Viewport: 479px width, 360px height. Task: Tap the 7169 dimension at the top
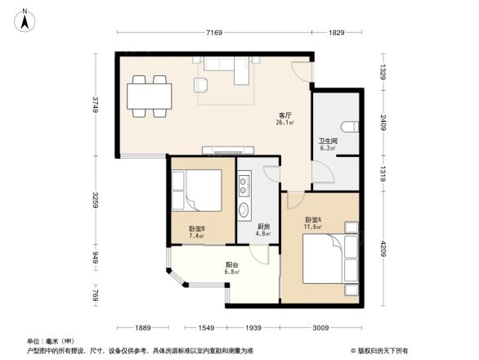point(214,33)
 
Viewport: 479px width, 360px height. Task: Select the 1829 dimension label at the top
point(336,33)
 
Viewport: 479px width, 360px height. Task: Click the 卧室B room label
point(196,232)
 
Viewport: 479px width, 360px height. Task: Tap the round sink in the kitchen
point(244,211)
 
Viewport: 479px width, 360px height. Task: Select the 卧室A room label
point(313,220)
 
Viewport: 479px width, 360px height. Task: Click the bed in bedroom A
point(325,260)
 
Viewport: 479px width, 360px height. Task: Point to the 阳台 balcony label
point(232,265)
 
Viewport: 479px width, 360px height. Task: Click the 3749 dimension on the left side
point(96,106)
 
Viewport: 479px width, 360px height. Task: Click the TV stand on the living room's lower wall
point(229,151)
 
